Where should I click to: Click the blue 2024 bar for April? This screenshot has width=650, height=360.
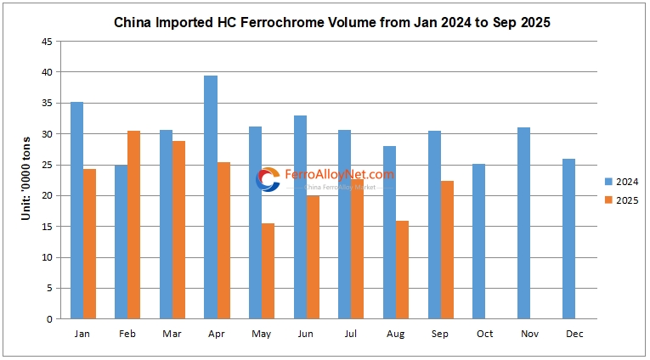(211, 197)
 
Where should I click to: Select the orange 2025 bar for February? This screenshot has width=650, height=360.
(134, 225)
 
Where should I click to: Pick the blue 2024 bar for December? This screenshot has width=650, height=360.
(568, 239)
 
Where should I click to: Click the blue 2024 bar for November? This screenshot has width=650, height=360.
(523, 223)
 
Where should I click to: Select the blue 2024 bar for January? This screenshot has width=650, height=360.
(76, 211)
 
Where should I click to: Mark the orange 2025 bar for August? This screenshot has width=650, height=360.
(402, 269)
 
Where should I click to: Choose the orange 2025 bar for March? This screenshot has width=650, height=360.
(178, 230)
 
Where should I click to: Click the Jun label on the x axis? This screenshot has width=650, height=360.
(306, 333)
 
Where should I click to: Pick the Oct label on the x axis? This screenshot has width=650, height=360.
(484, 333)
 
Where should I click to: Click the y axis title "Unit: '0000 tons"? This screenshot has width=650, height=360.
(26, 179)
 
